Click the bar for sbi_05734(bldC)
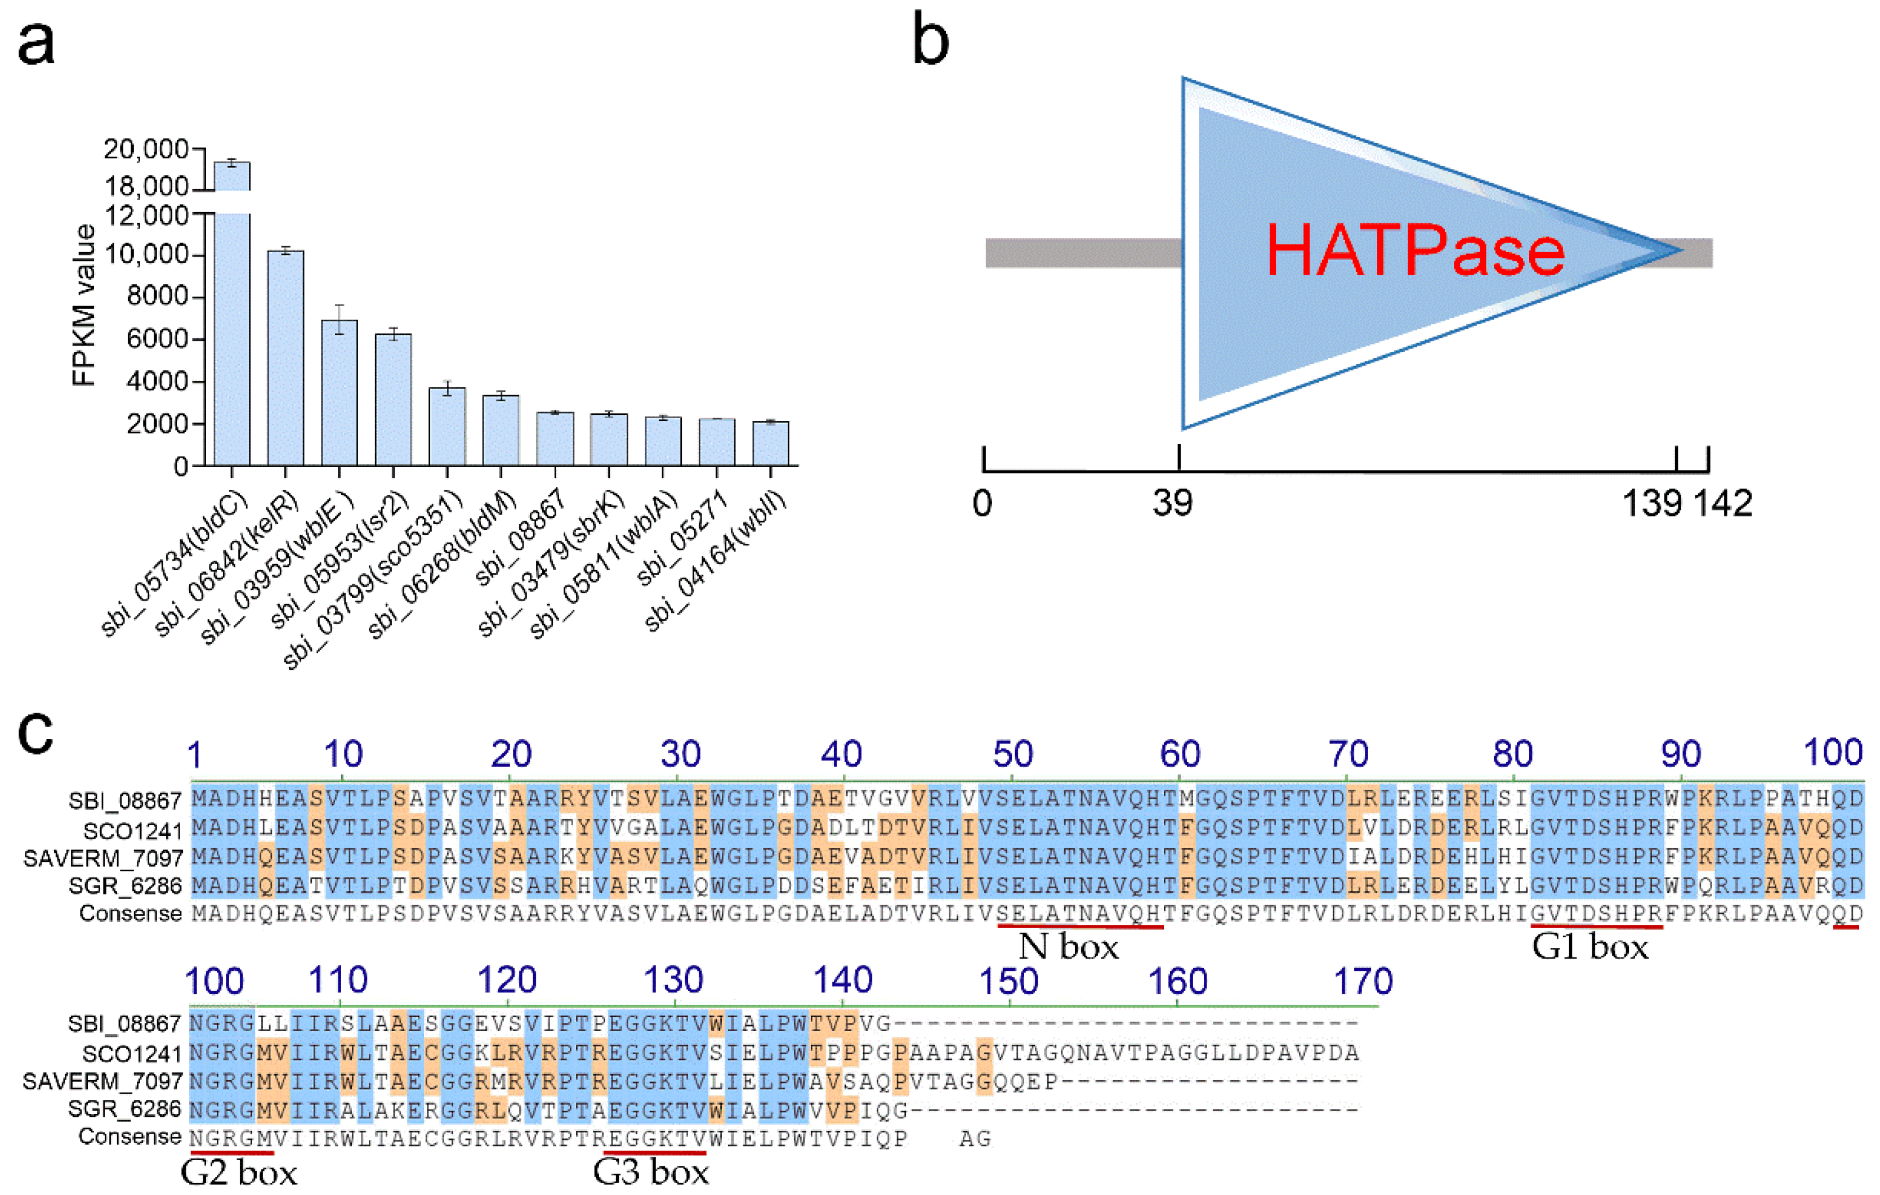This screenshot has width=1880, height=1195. coord(233,328)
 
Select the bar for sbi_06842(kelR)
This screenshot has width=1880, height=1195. coord(286,359)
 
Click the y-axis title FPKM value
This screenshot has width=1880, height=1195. coord(83,305)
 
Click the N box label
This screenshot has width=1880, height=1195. coord(1069,947)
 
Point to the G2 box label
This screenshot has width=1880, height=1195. coord(239,1172)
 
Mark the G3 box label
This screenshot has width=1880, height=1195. coord(651,1172)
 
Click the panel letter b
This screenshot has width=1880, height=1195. coord(931,41)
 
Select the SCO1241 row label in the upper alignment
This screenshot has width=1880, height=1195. coord(132,831)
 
